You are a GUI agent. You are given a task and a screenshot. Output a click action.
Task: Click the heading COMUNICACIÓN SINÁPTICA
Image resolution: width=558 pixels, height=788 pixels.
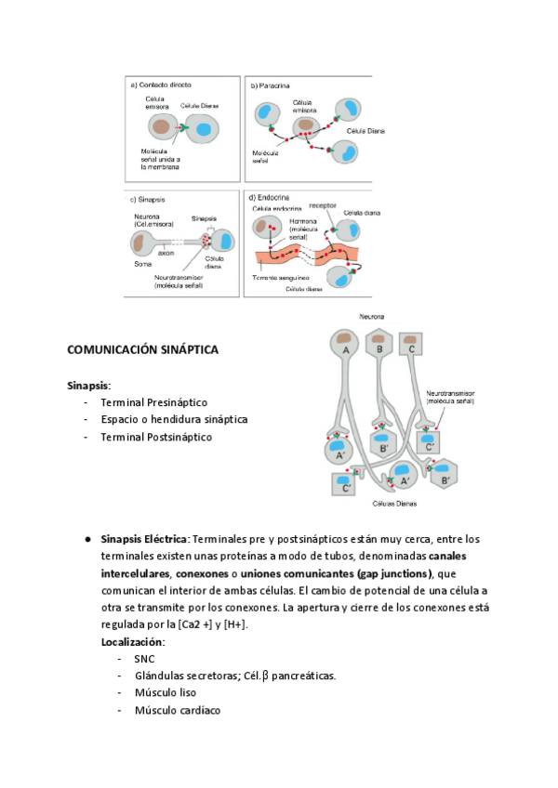click(x=142, y=350)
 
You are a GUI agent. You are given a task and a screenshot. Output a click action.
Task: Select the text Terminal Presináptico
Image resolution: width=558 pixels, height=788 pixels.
click(x=153, y=402)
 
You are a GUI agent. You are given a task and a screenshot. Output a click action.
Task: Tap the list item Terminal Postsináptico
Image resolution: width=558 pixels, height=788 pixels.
click(x=156, y=436)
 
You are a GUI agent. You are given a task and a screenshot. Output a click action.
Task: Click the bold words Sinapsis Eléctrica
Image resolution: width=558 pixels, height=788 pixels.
click(x=143, y=539)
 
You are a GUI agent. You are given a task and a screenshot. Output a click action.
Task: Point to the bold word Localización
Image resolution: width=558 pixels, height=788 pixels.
click(x=133, y=641)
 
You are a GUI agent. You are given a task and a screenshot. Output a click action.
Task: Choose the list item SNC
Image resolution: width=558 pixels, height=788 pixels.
click(x=144, y=658)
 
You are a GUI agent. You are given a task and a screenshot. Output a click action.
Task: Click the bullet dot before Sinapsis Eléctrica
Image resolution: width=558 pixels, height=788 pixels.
click(x=86, y=539)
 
